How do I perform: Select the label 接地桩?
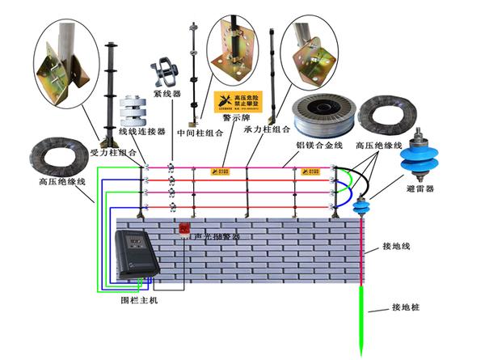tap(407, 307)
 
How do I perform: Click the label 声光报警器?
tap(217, 236)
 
